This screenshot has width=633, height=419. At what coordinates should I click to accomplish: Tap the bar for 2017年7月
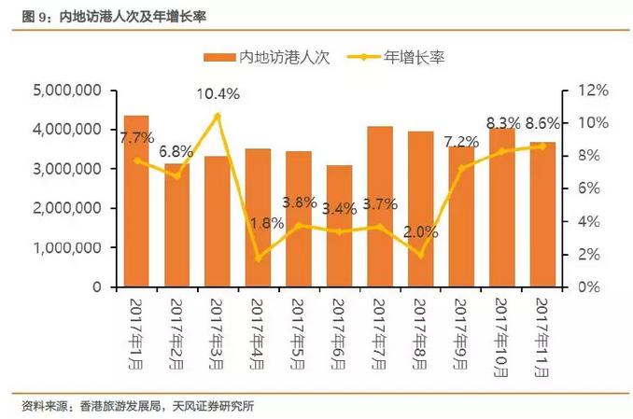tap(379, 206)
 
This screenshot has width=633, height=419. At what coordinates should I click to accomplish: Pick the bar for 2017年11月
tap(542, 215)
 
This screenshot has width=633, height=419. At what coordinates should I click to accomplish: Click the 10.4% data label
tap(218, 93)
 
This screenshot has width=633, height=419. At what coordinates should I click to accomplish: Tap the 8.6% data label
tap(542, 123)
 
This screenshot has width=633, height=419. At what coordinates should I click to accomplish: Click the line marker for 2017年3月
tap(218, 116)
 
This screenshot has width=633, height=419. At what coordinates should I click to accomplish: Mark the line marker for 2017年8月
tap(420, 255)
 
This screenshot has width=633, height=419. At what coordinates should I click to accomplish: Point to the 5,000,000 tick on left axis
tap(66, 90)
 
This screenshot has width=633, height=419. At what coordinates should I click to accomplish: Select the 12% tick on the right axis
tap(592, 90)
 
